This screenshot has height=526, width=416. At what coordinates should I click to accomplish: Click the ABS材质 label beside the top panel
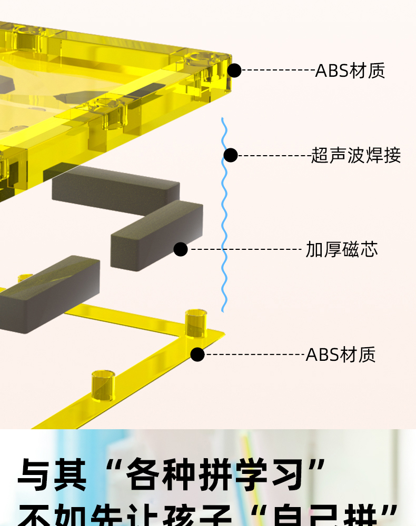pyautogui.click(x=350, y=70)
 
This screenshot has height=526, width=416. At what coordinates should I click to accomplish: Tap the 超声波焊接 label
pyautogui.click(x=356, y=155)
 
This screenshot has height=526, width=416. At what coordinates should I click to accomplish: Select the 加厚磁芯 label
pyautogui.click(x=342, y=249)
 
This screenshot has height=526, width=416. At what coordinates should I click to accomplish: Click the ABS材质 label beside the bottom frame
pyautogui.click(x=341, y=355)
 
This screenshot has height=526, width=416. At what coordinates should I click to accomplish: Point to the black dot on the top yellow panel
pyautogui.click(x=234, y=70)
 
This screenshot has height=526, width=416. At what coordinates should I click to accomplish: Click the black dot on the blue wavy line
pyautogui.click(x=231, y=155)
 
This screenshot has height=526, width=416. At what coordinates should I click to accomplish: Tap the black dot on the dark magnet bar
pyautogui.click(x=181, y=249)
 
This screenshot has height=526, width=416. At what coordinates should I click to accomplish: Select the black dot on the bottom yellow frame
pyautogui.click(x=197, y=355)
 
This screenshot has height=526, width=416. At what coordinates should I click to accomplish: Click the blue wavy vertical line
pyautogui.click(x=224, y=221)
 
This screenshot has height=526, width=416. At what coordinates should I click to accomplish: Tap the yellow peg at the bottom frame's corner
pyautogui.click(x=196, y=322)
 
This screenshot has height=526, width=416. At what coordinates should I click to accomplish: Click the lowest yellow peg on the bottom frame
pyautogui.click(x=103, y=385)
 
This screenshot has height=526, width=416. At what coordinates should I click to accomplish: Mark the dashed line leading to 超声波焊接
pyautogui.click(x=274, y=155)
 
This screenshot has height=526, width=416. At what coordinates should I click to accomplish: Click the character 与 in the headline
pyautogui.click(x=36, y=475)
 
